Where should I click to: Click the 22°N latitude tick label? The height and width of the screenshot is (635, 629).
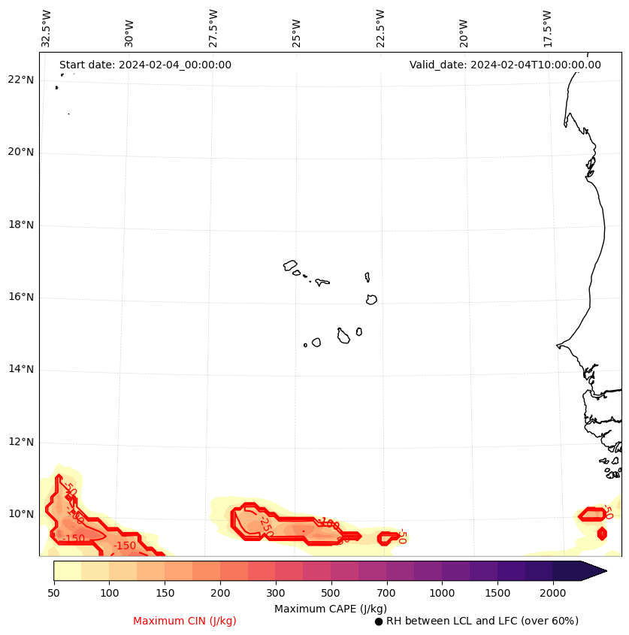20,80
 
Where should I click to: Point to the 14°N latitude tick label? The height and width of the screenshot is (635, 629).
20,370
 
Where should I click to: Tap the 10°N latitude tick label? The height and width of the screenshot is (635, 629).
20,515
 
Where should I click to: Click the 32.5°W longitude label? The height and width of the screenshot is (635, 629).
47,29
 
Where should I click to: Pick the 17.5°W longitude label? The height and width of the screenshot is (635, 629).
547,29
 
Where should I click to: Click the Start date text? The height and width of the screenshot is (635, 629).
145,65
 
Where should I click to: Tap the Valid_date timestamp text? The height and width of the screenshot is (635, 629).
505,65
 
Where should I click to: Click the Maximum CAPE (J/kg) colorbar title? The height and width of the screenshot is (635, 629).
330,608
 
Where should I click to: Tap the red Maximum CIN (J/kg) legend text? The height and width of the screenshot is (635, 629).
185,621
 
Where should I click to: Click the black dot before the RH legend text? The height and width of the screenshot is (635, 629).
379,621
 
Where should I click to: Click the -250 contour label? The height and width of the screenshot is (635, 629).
265,524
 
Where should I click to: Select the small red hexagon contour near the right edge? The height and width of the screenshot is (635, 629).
602,534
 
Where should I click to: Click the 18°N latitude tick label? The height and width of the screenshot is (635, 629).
20,225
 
